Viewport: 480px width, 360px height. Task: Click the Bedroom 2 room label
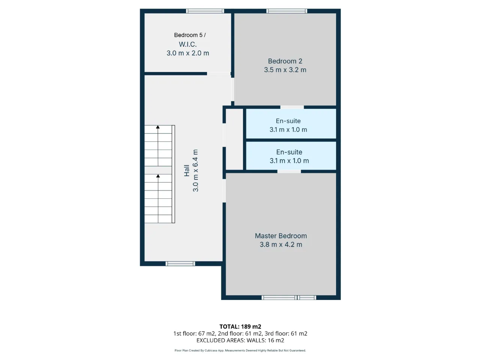[285, 61]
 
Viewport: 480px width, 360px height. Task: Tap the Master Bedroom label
[281, 236]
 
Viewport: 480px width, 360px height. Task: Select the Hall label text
[186, 171]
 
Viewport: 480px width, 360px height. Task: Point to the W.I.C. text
[187, 44]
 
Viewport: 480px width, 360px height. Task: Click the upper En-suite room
[291, 124]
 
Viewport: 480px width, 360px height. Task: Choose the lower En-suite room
[291, 155]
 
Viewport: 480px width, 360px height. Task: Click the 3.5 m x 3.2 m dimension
[285, 70]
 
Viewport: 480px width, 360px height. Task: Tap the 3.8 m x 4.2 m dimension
[281, 244]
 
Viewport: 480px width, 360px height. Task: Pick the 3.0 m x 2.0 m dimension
[187, 53]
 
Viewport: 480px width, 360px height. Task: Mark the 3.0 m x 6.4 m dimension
[195, 171]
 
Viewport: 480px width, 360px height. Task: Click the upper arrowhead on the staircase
[157, 127]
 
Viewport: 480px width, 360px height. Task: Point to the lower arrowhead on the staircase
[158, 176]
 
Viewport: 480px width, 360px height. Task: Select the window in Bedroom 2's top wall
[287, 11]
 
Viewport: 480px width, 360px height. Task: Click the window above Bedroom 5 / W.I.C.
[205, 11]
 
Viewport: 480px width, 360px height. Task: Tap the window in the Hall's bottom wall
[180, 264]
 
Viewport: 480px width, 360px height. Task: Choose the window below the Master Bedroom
[289, 297]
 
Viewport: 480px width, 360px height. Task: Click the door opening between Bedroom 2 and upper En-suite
[292, 107]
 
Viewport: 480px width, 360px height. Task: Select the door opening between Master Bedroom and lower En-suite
[289, 171]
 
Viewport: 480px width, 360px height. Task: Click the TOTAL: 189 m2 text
[240, 327]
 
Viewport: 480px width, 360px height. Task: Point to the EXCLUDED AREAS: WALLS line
[240, 340]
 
